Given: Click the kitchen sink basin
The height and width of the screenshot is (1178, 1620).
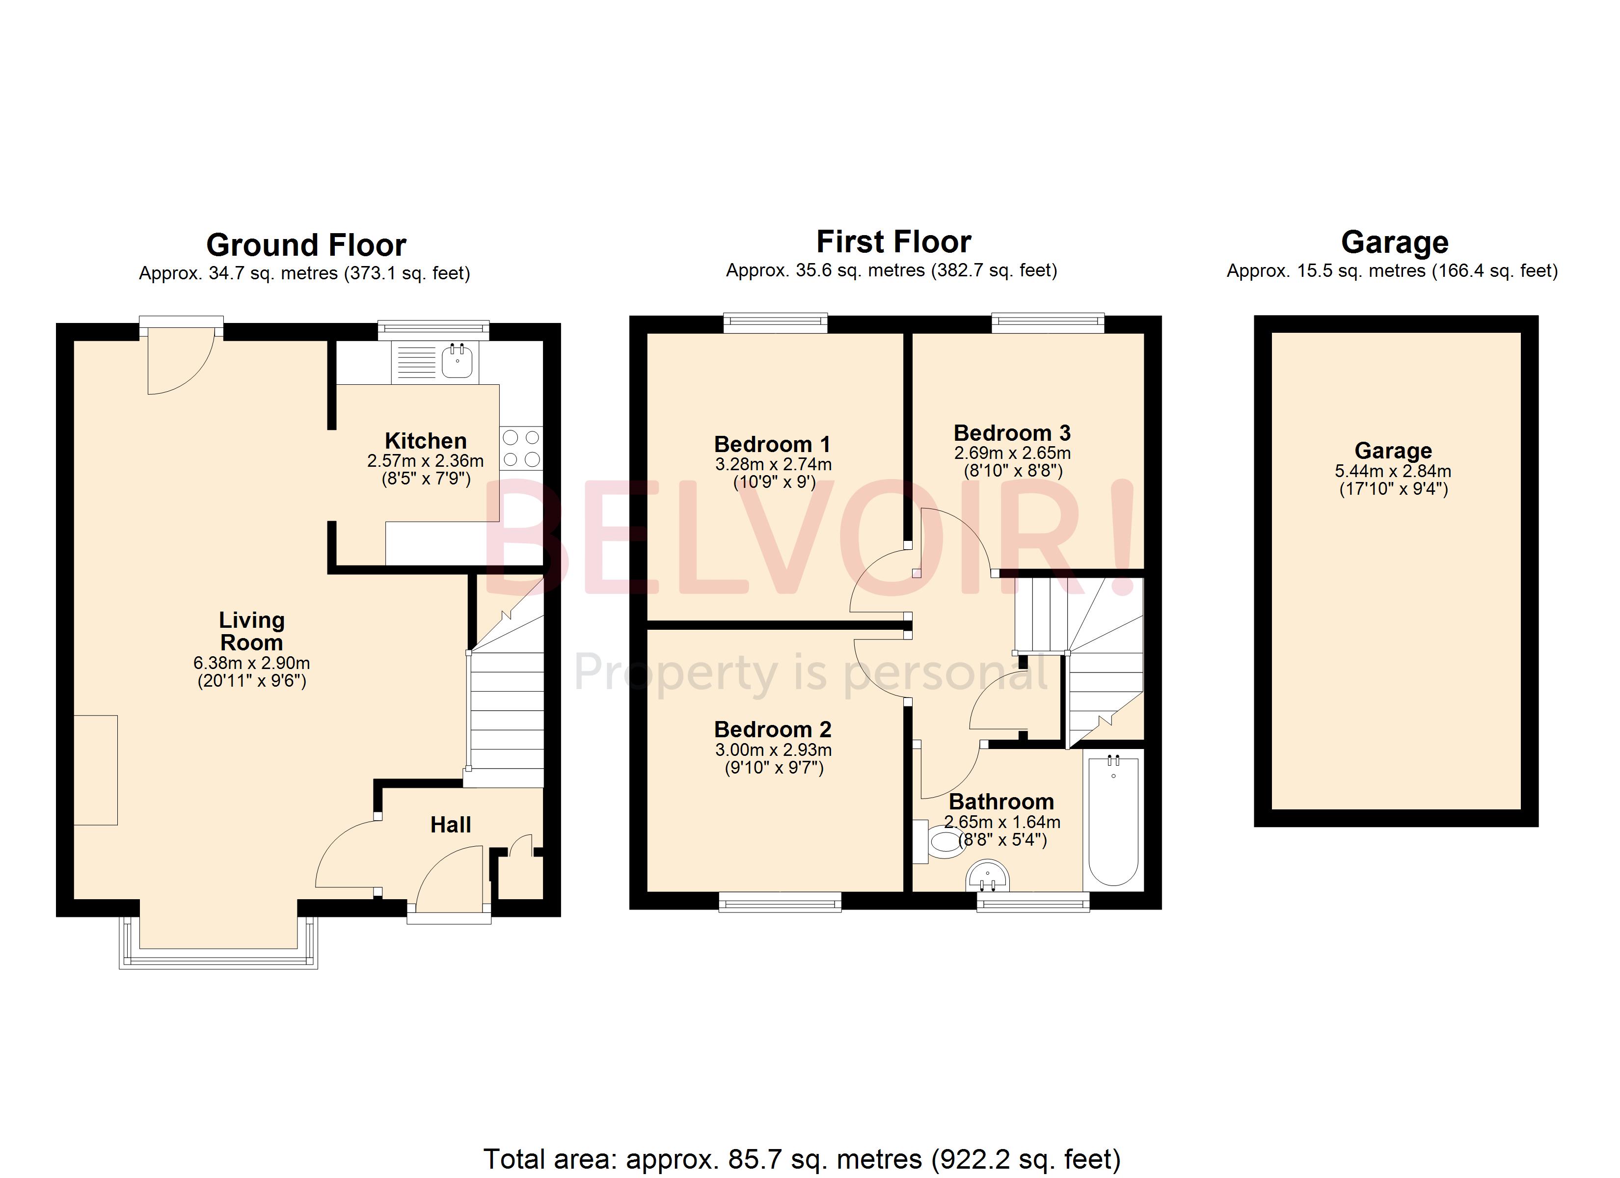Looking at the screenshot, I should tap(457, 361).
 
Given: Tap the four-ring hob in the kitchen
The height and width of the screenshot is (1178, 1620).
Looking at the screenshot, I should tap(521, 448).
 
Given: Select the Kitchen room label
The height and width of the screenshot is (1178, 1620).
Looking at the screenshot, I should tap(426, 441).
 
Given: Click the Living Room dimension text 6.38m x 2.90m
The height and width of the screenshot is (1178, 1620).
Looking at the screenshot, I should tap(251, 663).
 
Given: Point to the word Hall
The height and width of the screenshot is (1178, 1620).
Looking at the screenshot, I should tap(450, 825).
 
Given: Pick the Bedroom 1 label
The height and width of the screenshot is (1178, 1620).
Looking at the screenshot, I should tap(772, 444).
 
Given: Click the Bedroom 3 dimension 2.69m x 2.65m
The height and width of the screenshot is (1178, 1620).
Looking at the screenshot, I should tap(1012, 453).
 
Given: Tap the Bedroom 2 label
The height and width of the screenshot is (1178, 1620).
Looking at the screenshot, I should tap(773, 729).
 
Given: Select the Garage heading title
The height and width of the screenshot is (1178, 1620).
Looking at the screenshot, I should tap(1394, 242).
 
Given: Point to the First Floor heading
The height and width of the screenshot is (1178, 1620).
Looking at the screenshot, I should tap(893, 242).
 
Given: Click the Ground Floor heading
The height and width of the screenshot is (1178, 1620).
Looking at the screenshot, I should tap(306, 245).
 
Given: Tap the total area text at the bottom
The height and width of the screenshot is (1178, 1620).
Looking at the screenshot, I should tap(802, 1159).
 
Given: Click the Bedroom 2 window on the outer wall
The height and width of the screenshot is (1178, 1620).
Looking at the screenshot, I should tap(780, 904).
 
